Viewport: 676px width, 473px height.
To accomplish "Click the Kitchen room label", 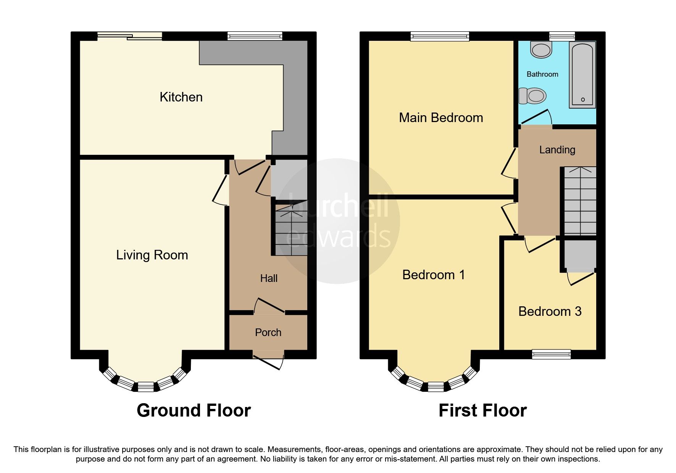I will point(181,97).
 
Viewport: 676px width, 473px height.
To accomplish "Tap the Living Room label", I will point(152,255).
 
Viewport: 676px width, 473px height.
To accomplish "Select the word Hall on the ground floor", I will point(269,278).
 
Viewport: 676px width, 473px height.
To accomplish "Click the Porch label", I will point(268,333).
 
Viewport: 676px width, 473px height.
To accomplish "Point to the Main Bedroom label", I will point(441,117).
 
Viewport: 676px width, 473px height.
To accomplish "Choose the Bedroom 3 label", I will point(550,311).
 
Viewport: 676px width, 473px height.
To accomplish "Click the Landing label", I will point(557,150).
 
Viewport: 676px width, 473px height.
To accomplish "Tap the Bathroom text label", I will point(542,74).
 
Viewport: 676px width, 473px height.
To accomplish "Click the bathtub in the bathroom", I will point(582,74).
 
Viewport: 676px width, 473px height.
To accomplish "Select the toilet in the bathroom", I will point(532,96).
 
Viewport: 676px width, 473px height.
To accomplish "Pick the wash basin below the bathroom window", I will point(541,50).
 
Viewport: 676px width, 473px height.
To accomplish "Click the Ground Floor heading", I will point(194,410).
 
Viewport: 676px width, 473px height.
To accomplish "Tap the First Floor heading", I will point(482,410).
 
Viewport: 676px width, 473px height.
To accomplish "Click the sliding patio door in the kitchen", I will point(129,36).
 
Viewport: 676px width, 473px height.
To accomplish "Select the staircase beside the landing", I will point(580,201).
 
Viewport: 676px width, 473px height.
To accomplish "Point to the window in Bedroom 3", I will point(552,354).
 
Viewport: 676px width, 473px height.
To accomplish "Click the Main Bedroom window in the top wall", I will point(440,36).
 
